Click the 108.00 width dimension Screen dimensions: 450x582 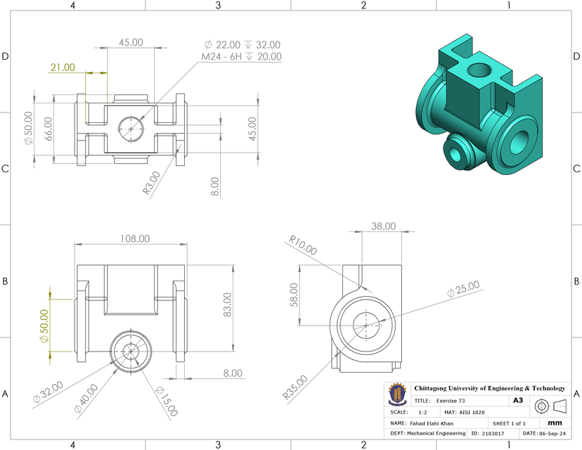point(134,238)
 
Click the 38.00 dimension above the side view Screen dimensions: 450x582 point(383,226)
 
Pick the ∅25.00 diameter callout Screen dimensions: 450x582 point(463,289)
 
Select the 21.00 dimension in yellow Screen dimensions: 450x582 point(63,67)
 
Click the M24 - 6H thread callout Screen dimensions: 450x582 point(241,56)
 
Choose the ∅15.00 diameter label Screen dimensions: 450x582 point(167,401)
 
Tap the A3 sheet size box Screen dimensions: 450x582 point(518,400)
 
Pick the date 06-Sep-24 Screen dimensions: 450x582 point(552,434)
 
